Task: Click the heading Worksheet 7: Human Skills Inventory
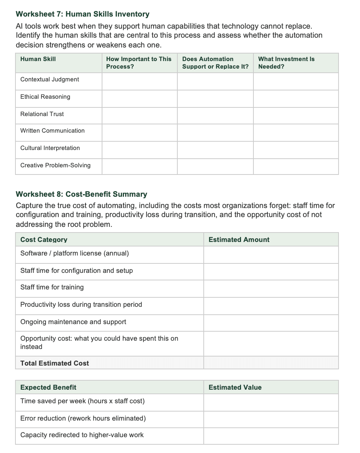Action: (82, 14)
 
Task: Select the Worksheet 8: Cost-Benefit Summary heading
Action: (81, 194)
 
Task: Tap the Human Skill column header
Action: (38, 59)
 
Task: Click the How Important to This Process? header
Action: (139, 63)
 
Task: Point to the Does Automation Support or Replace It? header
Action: (215, 63)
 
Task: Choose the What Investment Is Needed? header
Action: (286, 63)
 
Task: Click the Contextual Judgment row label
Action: (50, 80)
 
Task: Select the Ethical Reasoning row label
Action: (45, 97)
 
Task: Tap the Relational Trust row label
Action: (42, 114)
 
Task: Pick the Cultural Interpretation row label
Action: (50, 148)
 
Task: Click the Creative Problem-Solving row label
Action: (55, 165)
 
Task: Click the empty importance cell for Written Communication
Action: (139, 133)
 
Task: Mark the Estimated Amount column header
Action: (239, 240)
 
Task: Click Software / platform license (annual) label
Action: (75, 253)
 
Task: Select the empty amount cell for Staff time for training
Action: (271, 289)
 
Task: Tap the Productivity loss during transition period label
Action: (81, 305)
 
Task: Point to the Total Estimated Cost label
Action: (55, 363)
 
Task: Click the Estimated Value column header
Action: (235, 387)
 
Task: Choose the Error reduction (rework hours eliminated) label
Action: (83, 418)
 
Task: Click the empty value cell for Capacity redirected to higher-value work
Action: (271, 436)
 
